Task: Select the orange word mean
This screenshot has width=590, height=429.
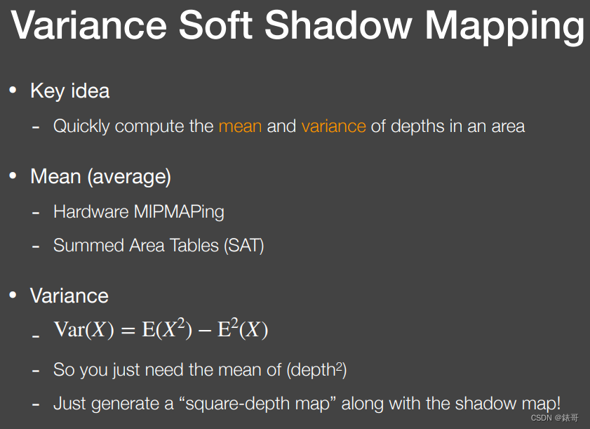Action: point(240,126)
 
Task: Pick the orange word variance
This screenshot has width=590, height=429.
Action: point(333,126)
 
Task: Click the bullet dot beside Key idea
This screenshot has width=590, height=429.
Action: point(12,91)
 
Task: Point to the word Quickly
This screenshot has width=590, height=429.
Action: point(81,127)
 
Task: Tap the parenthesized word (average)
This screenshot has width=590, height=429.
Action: point(129,177)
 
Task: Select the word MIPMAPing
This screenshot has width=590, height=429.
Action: point(179,211)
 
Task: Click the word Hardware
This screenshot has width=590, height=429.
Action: point(90,211)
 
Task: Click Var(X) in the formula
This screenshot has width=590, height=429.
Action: point(83,330)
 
